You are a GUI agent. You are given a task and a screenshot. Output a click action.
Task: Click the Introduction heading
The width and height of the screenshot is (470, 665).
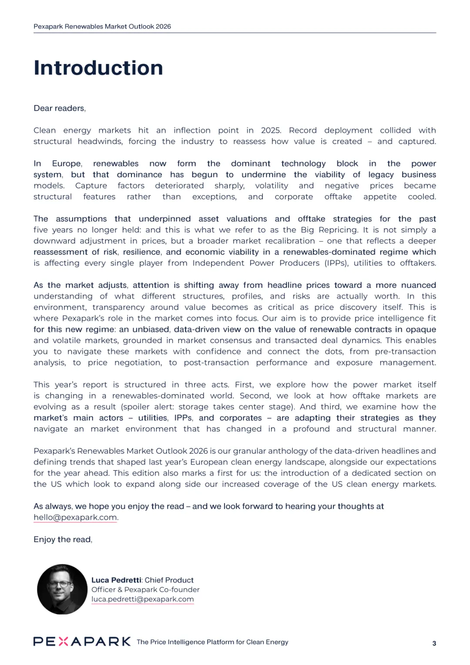pyautogui.click(x=98, y=68)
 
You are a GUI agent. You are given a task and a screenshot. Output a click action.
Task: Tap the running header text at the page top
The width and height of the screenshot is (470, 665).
pyautogui.click(x=102, y=27)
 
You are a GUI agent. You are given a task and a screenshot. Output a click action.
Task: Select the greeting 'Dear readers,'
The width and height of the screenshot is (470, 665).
pyautogui.click(x=60, y=108)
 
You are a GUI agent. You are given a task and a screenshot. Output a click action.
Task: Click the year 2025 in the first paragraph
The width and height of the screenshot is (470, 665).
pyautogui.click(x=271, y=130)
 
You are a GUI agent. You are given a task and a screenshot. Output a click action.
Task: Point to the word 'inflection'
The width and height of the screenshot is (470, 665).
pyautogui.click(x=192, y=130)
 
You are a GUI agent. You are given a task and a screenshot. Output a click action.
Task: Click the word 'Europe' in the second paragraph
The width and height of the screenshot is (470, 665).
pyautogui.click(x=67, y=164)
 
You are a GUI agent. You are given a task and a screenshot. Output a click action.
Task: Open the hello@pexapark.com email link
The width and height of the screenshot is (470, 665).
pyautogui.click(x=75, y=517)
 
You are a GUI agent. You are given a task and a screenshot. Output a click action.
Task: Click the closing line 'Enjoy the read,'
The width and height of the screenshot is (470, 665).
pyautogui.click(x=63, y=540)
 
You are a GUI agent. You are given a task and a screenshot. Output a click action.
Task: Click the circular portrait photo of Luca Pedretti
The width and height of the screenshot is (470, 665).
pyautogui.click(x=62, y=589)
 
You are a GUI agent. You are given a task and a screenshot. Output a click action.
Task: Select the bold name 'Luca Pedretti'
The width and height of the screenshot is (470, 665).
pyautogui.click(x=116, y=580)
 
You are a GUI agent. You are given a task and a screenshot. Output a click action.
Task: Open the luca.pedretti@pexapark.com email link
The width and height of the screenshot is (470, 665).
pyautogui.click(x=142, y=599)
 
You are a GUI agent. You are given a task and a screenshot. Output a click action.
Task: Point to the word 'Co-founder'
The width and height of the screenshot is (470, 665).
pyautogui.click(x=179, y=590)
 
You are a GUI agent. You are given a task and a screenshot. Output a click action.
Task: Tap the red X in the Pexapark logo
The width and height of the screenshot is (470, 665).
pyautogui.click(x=63, y=641)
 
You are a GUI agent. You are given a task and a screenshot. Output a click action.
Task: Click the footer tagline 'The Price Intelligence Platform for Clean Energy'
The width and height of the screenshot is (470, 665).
pyautogui.click(x=212, y=642)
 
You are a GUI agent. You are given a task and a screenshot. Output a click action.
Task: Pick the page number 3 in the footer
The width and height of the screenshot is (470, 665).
pyautogui.click(x=434, y=643)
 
